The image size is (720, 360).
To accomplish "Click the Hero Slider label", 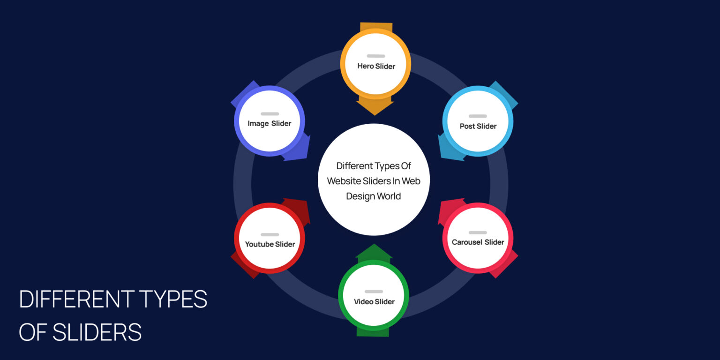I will pyautogui.click(x=376, y=66).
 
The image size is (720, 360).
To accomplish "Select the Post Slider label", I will pyautogui.click(x=478, y=126).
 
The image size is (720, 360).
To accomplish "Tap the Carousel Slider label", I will pyautogui.click(x=478, y=242).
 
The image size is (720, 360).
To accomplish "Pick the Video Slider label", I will pyautogui.click(x=374, y=301).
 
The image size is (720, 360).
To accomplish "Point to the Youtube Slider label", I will pyautogui.click(x=270, y=244).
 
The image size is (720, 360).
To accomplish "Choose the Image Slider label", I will pyautogui.click(x=270, y=124).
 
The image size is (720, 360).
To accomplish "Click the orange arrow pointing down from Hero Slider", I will pyautogui.click(x=375, y=106).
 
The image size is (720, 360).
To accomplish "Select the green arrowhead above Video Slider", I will pyautogui.click(x=374, y=251).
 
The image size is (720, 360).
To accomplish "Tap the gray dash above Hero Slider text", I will pyautogui.click(x=375, y=56).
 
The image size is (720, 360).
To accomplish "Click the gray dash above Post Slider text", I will pyautogui.click(x=478, y=116).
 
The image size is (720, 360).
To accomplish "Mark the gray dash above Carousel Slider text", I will pyautogui.click(x=478, y=232).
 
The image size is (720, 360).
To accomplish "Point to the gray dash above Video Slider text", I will pyautogui.click(x=374, y=292).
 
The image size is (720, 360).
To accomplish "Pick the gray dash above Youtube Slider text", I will pyautogui.click(x=270, y=234).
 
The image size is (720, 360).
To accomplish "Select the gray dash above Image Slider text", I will pyautogui.click(x=270, y=114).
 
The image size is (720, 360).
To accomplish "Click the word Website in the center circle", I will pyautogui.click(x=345, y=181).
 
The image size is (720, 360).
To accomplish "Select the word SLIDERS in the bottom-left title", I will pyautogui.click(x=97, y=332).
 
